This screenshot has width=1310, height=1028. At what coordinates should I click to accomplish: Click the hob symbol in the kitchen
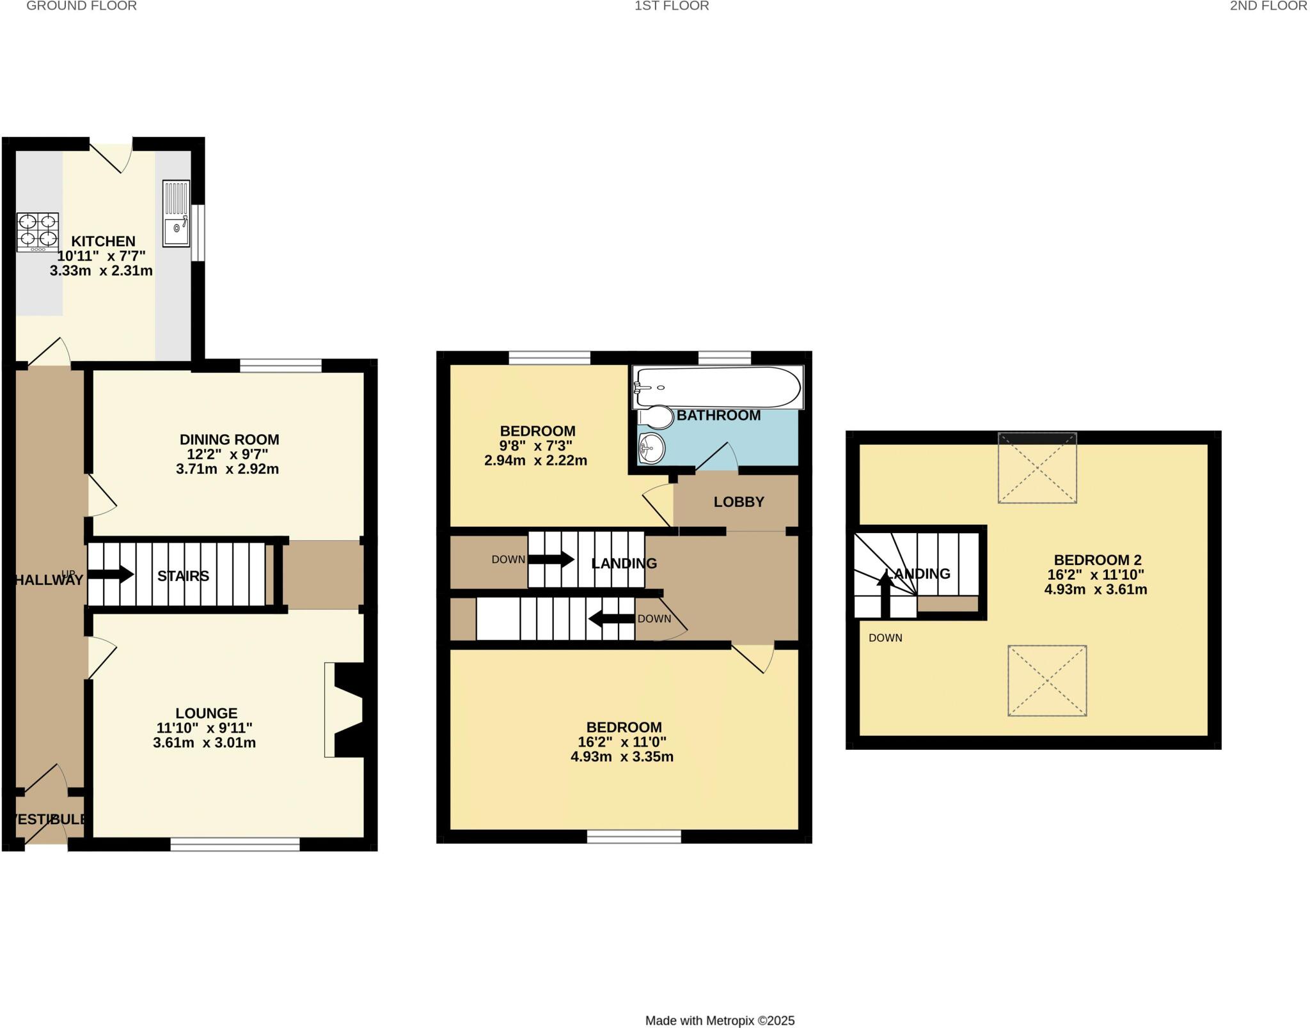[38, 231]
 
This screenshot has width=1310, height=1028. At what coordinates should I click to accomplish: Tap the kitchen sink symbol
[176, 214]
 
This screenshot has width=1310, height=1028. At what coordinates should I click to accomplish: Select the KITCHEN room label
[103, 241]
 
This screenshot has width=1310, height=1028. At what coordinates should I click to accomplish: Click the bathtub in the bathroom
[716, 387]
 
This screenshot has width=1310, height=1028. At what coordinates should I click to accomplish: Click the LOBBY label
[739, 502]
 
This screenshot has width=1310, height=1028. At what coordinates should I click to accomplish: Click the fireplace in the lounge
[345, 710]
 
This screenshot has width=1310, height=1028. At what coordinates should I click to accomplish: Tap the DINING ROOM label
[229, 439]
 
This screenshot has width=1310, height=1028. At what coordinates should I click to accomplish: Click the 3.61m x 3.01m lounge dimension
[204, 743]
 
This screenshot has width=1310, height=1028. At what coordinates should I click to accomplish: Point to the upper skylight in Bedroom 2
[1037, 468]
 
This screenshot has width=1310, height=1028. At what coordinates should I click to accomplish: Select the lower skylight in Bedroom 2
[1047, 680]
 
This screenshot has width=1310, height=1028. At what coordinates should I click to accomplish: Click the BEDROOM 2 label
[1097, 560]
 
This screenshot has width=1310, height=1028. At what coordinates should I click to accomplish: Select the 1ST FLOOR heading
[671, 6]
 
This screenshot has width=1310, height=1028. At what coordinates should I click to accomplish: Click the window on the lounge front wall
[235, 845]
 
